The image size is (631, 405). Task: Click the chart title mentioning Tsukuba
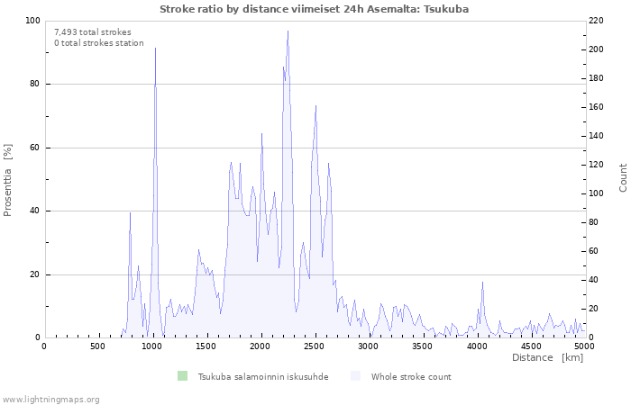(314, 9)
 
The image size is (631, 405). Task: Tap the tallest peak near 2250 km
(288, 31)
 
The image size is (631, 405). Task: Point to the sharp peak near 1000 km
(155, 49)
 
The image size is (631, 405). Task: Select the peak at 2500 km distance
(315, 105)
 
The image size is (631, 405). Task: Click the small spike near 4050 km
(482, 282)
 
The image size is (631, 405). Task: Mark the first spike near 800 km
(130, 213)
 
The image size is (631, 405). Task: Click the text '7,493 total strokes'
(93, 32)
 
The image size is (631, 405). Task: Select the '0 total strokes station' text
(99, 43)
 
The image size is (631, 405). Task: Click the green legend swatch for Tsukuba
(183, 376)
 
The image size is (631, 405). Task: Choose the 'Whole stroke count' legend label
(411, 377)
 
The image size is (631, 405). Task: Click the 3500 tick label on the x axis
(422, 346)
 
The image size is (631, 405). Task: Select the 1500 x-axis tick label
(206, 346)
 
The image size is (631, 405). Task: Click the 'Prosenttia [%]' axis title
(7, 180)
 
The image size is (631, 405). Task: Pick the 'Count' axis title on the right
(623, 178)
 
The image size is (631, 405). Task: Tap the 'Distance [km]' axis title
(547, 357)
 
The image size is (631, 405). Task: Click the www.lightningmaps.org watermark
(50, 400)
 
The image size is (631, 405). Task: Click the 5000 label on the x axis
(585, 346)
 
